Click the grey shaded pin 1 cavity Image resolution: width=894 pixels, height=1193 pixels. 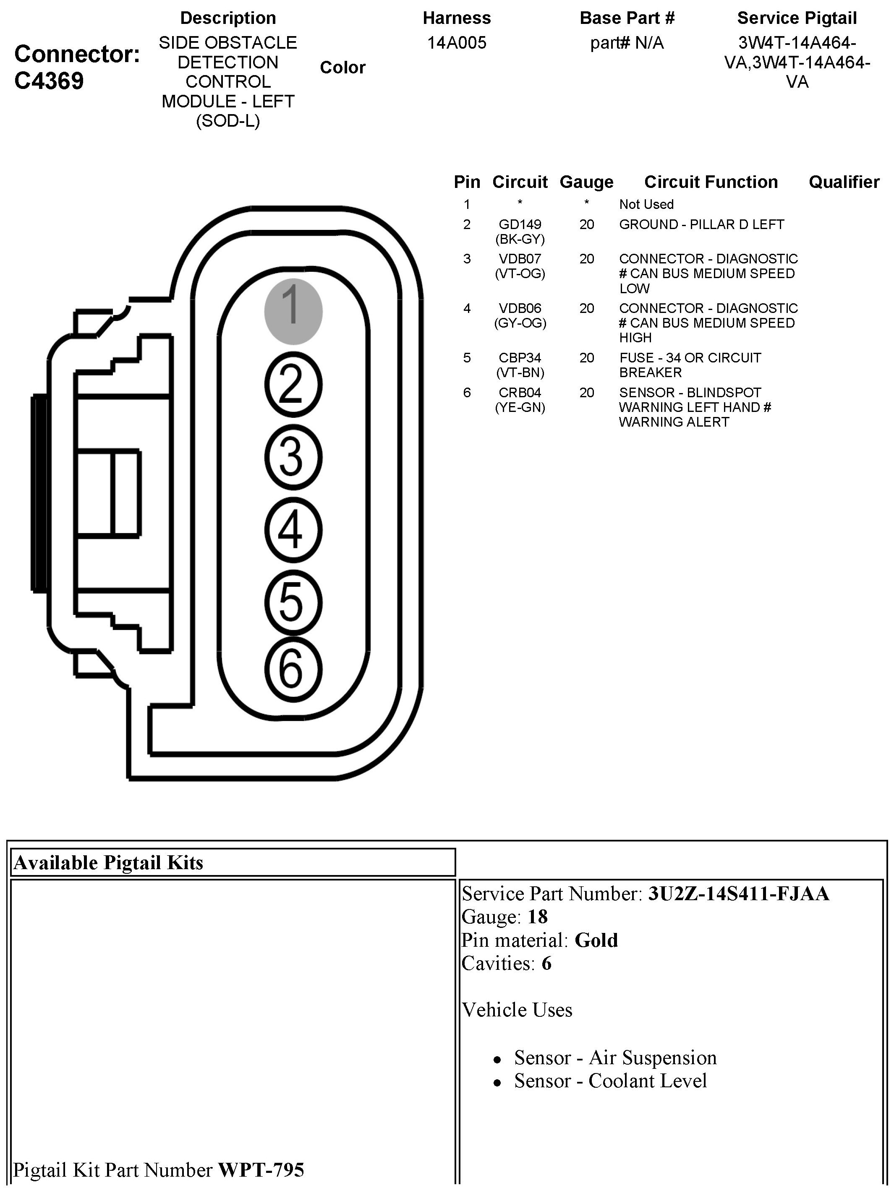[293, 311]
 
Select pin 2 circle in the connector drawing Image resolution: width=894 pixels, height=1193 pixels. [293, 385]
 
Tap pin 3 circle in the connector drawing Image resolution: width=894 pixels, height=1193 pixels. [293, 457]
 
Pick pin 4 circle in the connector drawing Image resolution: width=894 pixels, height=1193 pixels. [293, 530]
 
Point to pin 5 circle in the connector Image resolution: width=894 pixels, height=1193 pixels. [293, 602]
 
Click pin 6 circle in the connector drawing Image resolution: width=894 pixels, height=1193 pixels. [293, 669]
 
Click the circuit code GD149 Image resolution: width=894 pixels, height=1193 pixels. [520, 224]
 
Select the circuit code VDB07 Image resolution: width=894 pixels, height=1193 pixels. [520, 259]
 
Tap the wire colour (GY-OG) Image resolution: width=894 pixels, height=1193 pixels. [520, 323]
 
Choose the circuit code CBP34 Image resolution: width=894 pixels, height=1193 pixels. [520, 357]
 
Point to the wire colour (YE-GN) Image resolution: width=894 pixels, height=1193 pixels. [520, 407]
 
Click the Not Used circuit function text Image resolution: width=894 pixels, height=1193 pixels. [646, 204]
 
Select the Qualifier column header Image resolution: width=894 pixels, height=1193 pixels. [844, 182]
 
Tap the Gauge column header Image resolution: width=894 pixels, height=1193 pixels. [586, 182]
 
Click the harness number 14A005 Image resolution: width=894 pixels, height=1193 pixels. [456, 43]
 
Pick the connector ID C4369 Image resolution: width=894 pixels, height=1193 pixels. [49, 81]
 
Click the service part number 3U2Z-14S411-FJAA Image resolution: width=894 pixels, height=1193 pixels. [739, 893]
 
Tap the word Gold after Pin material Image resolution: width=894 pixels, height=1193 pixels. [596, 940]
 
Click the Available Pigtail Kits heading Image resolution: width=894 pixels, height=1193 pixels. [108, 863]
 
